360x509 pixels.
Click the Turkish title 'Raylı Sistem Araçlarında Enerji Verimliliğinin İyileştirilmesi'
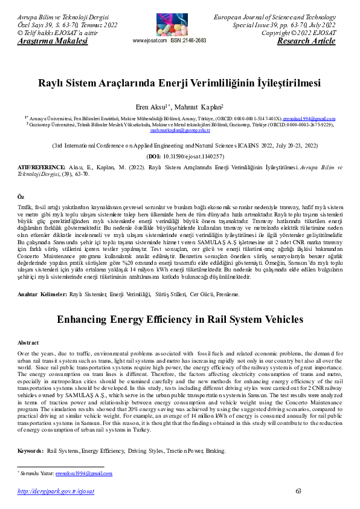point(179,83)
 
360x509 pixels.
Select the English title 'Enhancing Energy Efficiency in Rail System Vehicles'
point(179,320)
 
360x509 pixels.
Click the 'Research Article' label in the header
point(306,41)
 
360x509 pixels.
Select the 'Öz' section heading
point(21,197)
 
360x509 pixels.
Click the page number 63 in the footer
point(298,490)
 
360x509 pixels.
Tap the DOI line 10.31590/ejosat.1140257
point(179,155)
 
